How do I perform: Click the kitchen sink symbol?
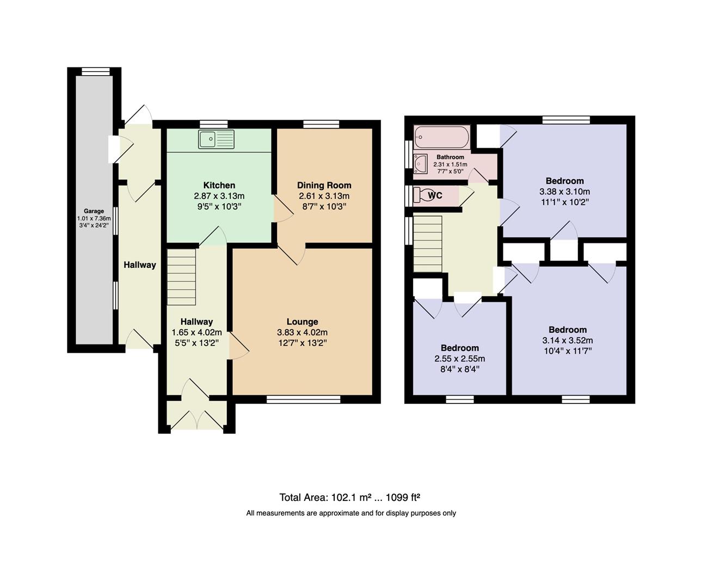[216, 139]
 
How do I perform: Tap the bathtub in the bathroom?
[442, 137]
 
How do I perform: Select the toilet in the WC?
[420, 195]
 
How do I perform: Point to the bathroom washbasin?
[420, 164]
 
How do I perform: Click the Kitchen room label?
[219, 185]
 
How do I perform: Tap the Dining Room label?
[324, 185]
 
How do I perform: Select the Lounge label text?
[302, 322]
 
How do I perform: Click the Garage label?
[94, 211]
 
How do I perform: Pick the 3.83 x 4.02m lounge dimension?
[302, 332]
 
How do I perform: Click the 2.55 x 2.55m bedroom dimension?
[460, 359]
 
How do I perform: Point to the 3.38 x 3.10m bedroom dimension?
[565, 192]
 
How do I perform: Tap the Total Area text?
[350, 497]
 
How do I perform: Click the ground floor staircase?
[182, 277]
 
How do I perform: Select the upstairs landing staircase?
[428, 244]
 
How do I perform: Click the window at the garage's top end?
[96, 72]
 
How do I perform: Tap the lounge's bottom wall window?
[304, 399]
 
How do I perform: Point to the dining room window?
[321, 124]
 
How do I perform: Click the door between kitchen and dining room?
[282, 209]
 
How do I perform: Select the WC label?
[435, 195]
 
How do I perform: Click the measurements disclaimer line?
[351, 513]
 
